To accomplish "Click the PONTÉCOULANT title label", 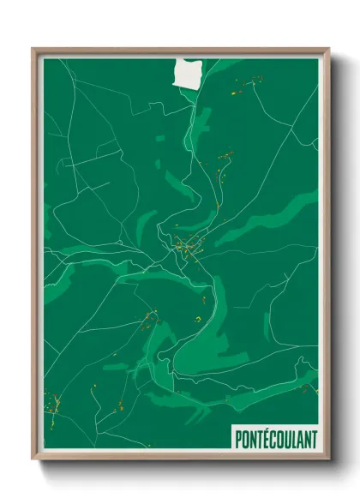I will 275,439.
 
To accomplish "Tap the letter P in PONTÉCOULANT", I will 239,440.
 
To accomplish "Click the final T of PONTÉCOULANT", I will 313,440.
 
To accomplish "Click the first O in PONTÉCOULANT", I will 246,440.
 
